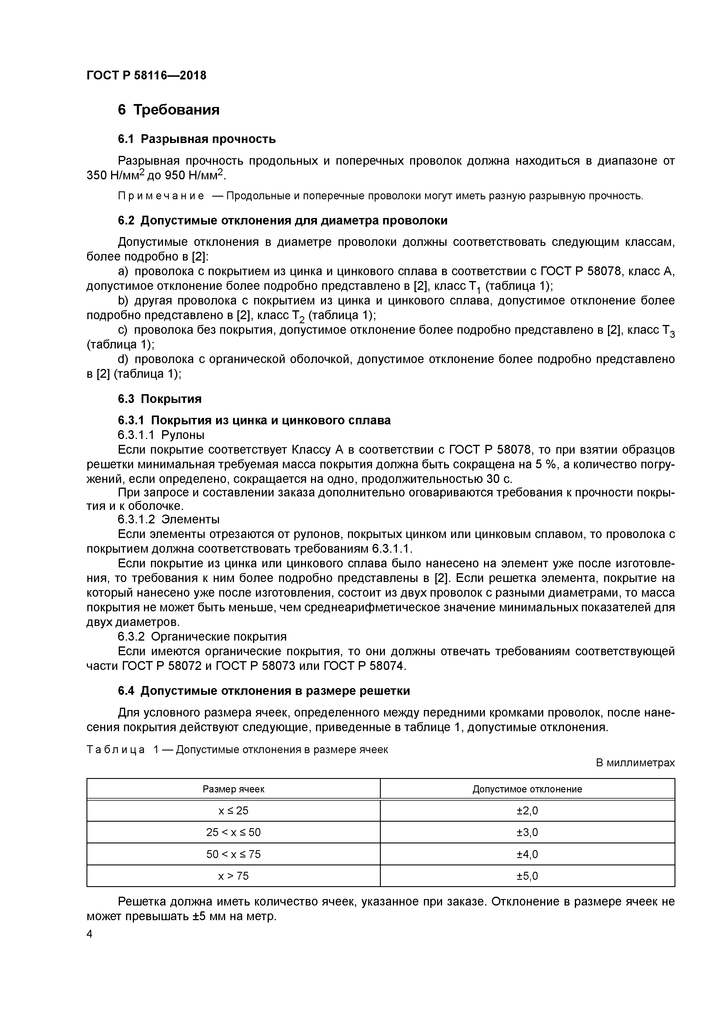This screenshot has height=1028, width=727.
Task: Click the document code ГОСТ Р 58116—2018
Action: click(x=147, y=75)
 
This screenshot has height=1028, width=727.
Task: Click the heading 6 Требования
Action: click(x=169, y=110)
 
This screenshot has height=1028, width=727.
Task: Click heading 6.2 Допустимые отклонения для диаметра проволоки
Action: click(x=282, y=221)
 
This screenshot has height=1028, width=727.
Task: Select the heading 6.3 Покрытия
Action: click(x=159, y=399)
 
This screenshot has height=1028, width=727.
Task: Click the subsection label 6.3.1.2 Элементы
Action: click(x=169, y=519)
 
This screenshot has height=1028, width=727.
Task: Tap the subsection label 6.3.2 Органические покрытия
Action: click(x=202, y=636)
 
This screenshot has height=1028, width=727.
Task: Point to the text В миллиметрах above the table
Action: click(x=635, y=763)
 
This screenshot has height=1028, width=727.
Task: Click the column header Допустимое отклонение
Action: click(x=527, y=789)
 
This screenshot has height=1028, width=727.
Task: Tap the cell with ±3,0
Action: click(x=527, y=832)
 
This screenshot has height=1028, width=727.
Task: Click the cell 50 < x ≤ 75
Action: click(x=233, y=854)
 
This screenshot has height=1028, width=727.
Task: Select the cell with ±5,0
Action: click(x=527, y=876)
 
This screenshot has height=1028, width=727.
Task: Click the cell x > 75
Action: click(x=233, y=876)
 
